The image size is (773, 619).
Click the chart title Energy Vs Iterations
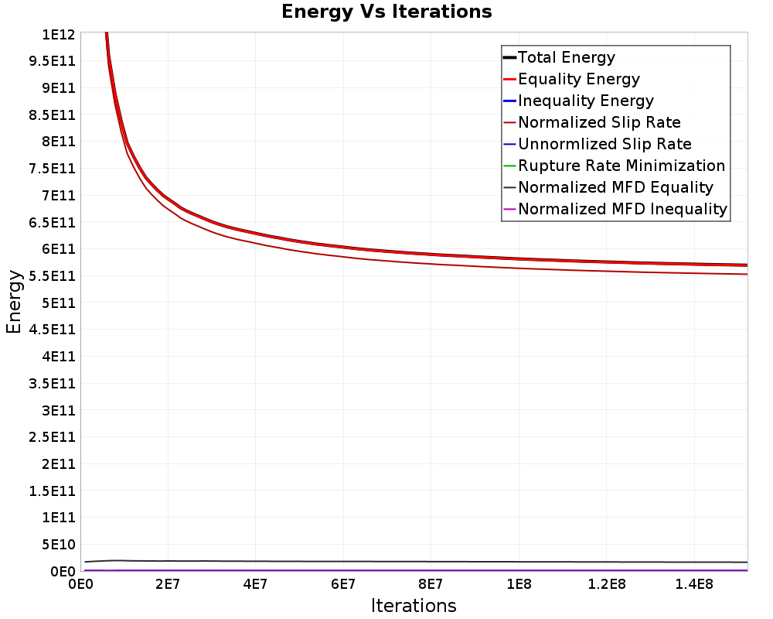coord(386,12)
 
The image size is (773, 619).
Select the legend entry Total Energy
coord(559,57)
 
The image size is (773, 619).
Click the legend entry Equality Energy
coord(571,79)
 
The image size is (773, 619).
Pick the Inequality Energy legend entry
coord(578,101)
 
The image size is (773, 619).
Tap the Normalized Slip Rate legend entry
coord(592,122)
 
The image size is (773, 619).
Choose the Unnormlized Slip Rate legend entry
coord(598,144)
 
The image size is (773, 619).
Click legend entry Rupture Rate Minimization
coord(615,166)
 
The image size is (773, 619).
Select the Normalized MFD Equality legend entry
coord(608,187)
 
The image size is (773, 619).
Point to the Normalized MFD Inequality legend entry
coord(615,209)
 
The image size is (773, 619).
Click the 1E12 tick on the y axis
coord(58,35)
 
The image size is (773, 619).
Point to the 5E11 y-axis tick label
coord(58,303)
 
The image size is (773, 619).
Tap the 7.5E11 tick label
coord(52,169)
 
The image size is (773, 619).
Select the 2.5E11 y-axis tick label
coord(52,437)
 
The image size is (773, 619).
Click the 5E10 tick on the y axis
coord(58,545)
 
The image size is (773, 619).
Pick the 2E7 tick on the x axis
coord(168,584)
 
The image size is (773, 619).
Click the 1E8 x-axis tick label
coord(519,584)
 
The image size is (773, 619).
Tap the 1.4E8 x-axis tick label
coord(694,584)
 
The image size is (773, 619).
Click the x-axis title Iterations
coord(414,605)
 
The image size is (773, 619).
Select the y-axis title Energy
coord(14,302)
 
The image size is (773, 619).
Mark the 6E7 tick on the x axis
coord(343,584)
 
